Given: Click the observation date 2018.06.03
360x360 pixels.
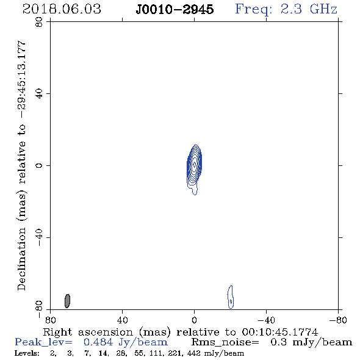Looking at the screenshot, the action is pyautogui.click(x=62, y=9).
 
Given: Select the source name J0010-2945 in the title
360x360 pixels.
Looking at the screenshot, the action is pyautogui.click(x=175, y=9).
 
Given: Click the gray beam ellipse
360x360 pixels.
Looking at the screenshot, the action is pyautogui.click(x=67, y=301).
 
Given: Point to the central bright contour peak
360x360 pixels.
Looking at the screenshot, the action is pyautogui.click(x=195, y=164).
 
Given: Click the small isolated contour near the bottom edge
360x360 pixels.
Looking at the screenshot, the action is pyautogui.click(x=231, y=297).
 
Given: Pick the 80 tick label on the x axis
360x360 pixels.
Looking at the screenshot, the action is pyautogui.click(x=50, y=320).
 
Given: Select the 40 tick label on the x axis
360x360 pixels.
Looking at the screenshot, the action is pyautogui.click(x=123, y=320).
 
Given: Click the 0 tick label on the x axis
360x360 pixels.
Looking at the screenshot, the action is pyautogui.click(x=194, y=320).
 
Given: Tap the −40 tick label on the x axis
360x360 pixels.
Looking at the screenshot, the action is pyautogui.click(x=266, y=320).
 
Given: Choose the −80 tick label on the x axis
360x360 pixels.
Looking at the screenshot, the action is pyautogui.click(x=338, y=320).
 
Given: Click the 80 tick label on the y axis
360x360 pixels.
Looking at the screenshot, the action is pyautogui.click(x=39, y=22).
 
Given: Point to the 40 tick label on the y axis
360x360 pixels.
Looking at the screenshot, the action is pyautogui.click(x=39, y=94).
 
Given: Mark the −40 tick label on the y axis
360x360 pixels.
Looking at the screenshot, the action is pyautogui.click(x=39, y=237).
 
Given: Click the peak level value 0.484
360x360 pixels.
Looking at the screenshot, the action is pyautogui.click(x=98, y=342).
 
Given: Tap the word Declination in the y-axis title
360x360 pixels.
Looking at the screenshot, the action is pyautogui.click(x=21, y=259).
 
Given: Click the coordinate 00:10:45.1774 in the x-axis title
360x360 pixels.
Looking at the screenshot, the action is pyautogui.click(x=280, y=332).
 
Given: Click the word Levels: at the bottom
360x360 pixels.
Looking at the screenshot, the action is pyautogui.click(x=27, y=353).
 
